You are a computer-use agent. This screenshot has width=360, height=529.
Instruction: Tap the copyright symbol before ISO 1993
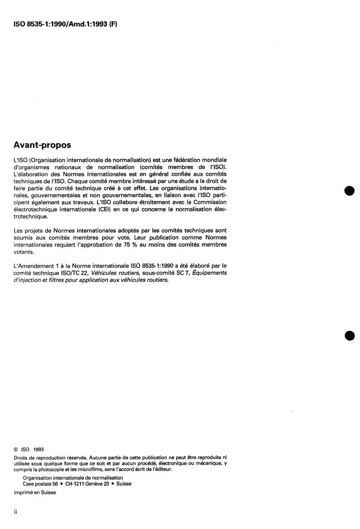click(x=17, y=450)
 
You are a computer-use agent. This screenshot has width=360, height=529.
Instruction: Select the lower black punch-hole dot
click(x=350, y=336)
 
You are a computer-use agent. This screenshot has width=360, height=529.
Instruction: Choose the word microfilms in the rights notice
click(x=90, y=469)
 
